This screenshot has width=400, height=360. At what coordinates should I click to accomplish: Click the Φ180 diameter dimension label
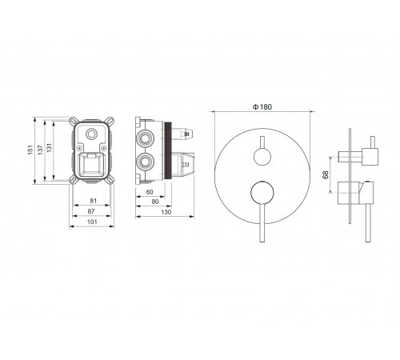coord(262,107)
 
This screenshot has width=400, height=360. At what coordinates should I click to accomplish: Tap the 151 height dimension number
coord(30,150)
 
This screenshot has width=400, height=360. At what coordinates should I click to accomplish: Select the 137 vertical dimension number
coord(40,150)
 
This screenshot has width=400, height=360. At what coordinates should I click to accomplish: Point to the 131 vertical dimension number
coord(50,148)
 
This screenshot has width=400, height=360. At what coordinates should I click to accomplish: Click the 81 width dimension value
coord(94,201)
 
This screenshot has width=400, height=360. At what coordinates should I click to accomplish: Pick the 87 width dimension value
coord(91,211)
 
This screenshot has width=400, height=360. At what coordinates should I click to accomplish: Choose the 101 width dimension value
coord(92,222)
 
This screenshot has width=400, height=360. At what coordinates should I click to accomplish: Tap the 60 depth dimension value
coord(150,192)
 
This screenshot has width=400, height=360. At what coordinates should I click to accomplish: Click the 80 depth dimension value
coord(155,202)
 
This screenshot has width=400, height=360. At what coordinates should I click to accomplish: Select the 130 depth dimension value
coord(166,212)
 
